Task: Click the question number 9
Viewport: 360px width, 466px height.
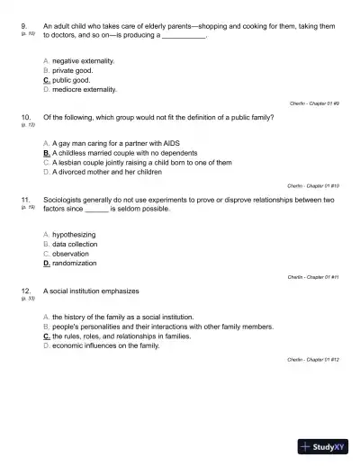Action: [x=22, y=27]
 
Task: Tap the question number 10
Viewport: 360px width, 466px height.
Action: [x=24, y=117]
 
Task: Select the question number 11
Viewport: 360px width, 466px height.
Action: [x=24, y=200]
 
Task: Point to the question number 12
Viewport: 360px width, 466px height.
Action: [x=24, y=291]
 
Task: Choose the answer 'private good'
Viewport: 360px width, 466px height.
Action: [x=72, y=69]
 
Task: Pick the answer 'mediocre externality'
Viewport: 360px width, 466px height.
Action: [x=84, y=89]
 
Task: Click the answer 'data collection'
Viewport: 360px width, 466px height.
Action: [x=75, y=244]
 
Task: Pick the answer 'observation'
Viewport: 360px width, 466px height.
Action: [x=71, y=254]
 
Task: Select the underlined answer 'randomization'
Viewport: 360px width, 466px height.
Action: [x=75, y=264]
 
